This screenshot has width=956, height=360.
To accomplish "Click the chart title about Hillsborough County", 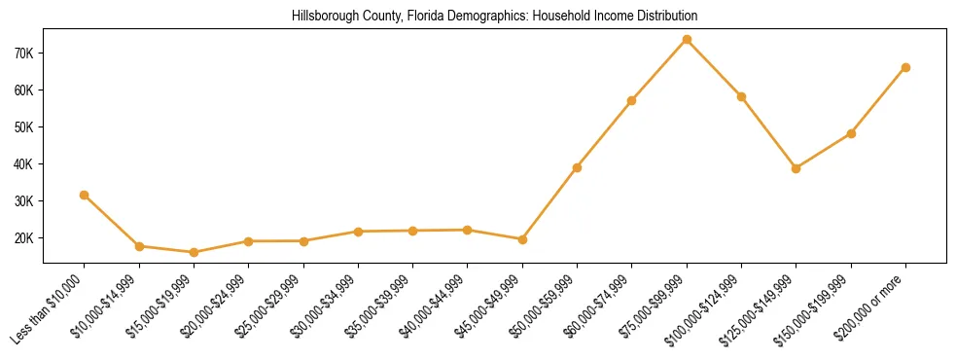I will pyautogui.click(x=494, y=17).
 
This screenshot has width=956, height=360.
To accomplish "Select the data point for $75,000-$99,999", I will pyautogui.click(x=687, y=39).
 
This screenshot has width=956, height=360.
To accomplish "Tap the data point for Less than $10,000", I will pyautogui.click(x=85, y=195).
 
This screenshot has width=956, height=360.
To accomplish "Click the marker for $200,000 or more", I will pyautogui.click(x=905, y=67).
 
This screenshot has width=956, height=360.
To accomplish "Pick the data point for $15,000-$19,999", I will pyautogui.click(x=194, y=252).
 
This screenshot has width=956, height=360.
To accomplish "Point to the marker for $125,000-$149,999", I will pyautogui.click(x=797, y=168).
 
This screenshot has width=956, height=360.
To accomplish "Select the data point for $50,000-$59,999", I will pyautogui.click(x=577, y=167).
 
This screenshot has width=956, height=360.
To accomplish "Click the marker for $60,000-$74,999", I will pyautogui.click(x=632, y=100).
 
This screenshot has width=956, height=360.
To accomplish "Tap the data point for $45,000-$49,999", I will pyautogui.click(x=522, y=239).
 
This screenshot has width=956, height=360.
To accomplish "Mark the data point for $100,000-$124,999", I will pyautogui.click(x=741, y=96).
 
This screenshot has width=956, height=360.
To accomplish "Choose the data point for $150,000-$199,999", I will pyautogui.click(x=851, y=133).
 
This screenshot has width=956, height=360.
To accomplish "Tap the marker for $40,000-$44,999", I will pyautogui.click(x=468, y=230).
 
